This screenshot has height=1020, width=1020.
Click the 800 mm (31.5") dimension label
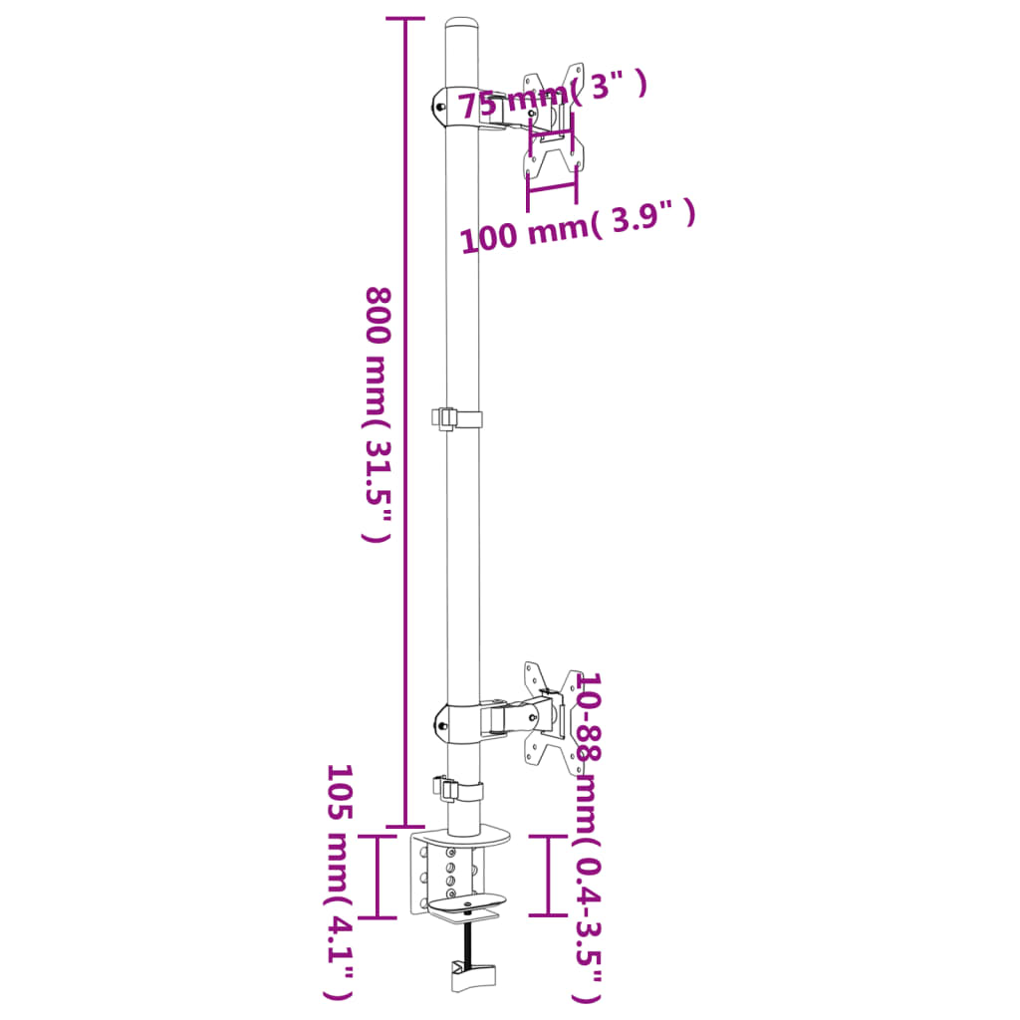(377, 413)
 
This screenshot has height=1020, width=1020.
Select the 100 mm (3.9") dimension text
(576, 228)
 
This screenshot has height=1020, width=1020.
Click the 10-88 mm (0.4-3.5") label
(589, 837)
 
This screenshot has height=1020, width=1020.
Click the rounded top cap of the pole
(460, 25)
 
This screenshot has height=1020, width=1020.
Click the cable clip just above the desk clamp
(457, 790)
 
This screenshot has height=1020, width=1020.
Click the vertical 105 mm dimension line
(378, 876)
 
